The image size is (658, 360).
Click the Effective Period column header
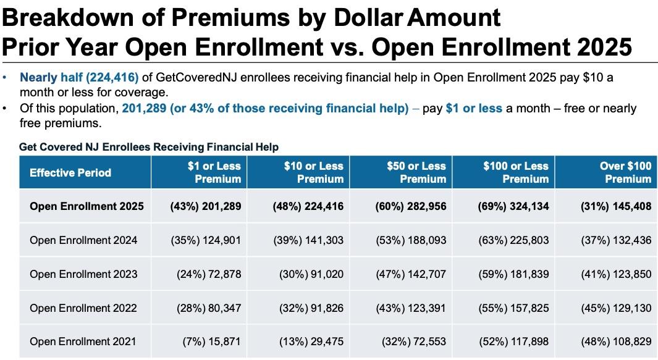[x=70, y=172]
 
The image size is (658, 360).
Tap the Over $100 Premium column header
[x=625, y=172]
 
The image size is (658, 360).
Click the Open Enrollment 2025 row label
[x=86, y=206]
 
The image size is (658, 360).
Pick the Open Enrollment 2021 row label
[x=83, y=341]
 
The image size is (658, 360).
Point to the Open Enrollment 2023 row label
[x=83, y=274]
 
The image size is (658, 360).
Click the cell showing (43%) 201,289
[x=205, y=206]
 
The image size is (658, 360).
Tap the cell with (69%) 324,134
[x=513, y=206]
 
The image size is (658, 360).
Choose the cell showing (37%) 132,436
[x=616, y=240]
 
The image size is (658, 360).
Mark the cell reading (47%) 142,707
[x=411, y=274]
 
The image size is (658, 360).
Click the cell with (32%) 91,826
[x=308, y=308]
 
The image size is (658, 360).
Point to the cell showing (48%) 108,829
[x=616, y=341]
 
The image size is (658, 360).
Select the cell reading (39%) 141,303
[x=308, y=240]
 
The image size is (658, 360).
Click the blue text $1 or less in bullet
[x=474, y=109]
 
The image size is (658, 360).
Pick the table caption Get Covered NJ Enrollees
[x=149, y=147]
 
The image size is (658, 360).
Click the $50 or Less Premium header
[x=416, y=172]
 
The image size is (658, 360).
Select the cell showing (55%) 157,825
[x=513, y=308]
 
